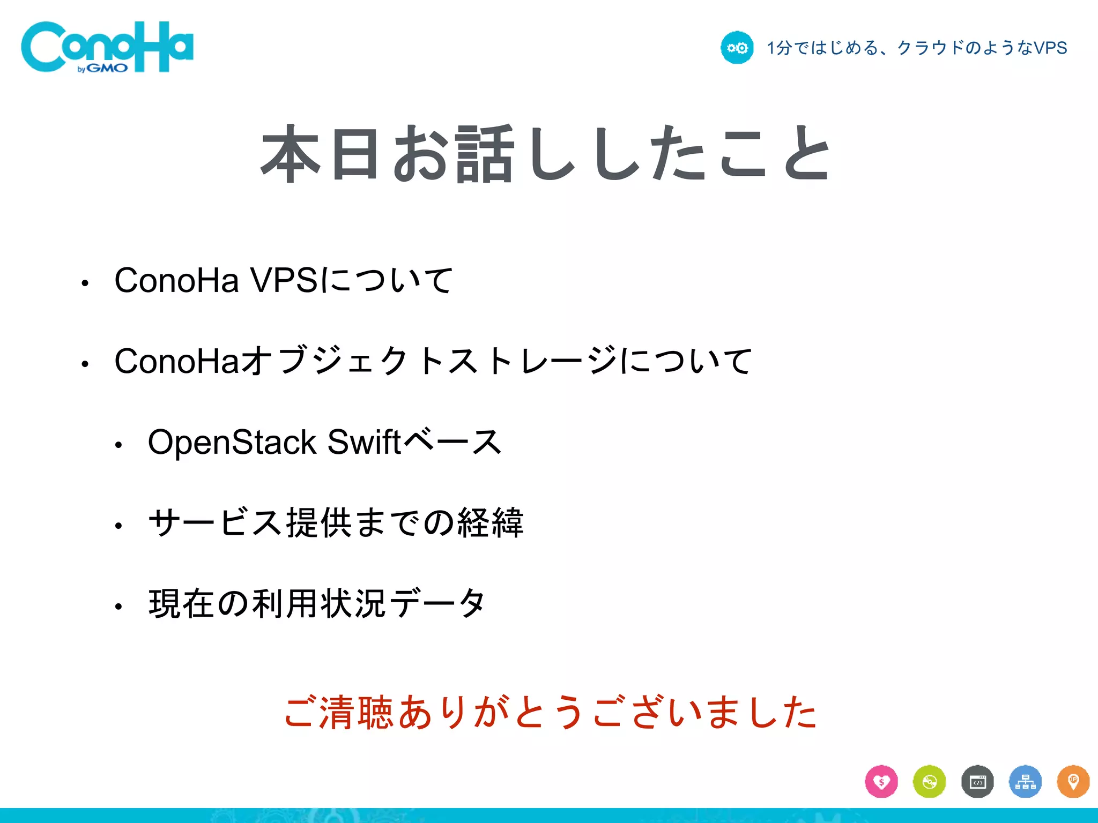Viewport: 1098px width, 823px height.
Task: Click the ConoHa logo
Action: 107,47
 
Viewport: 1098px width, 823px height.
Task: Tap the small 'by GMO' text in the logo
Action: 102,69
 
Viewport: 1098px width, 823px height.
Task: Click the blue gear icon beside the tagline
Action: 737,48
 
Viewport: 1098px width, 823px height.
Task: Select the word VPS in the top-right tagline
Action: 1050,48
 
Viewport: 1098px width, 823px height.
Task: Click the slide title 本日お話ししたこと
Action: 546,153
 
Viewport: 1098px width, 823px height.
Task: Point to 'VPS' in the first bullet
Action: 284,280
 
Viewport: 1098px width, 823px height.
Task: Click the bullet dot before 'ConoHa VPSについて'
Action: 85,283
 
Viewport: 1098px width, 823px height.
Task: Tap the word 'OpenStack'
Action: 232,443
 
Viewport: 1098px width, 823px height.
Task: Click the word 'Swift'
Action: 364,443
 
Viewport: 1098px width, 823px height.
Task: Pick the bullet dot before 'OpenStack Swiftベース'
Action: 118,445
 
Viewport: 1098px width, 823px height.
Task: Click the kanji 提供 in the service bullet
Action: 320,523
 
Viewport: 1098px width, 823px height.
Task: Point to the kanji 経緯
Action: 491,523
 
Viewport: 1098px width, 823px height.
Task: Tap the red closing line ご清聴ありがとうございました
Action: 551,713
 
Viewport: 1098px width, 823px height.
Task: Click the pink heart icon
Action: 881,782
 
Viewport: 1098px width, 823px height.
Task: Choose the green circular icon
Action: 929,782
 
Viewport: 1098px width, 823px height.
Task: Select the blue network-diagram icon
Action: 1025,782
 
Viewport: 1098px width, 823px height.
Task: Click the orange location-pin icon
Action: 1073,782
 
